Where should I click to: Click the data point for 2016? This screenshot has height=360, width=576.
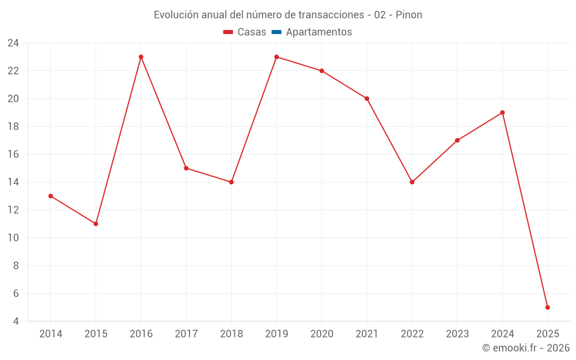coord(141,57)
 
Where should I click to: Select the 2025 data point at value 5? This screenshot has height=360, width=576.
coord(548,308)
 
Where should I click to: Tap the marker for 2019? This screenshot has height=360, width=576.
coord(276,57)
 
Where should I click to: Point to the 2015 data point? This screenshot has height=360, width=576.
coord(96,223)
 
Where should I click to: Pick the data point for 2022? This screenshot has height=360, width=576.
coord(412,182)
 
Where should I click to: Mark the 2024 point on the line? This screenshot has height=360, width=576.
coord(502,112)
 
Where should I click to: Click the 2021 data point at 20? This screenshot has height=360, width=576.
coord(367,98)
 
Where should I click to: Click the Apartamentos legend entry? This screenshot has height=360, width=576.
coord(319,32)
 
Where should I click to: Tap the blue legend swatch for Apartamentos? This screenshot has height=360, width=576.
coord(276,32)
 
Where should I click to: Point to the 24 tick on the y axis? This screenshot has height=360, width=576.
coord(13,43)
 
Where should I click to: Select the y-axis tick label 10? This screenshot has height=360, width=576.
coord(13,238)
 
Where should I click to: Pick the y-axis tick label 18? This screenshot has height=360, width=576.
coord(13,127)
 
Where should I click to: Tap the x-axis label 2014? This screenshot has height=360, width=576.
coord(51,334)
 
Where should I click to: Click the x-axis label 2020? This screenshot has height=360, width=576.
coord(321,334)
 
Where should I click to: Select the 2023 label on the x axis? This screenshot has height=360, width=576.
coord(457,334)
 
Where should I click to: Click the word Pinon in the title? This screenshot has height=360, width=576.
coord(409,15)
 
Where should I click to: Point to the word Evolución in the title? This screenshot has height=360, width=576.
coord(175,15)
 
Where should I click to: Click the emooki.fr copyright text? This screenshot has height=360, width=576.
coord(526,348)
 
